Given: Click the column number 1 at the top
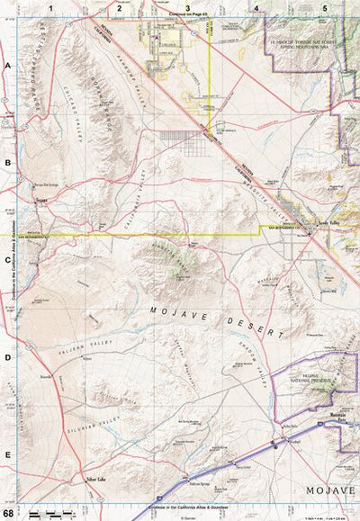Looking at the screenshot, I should [52, 7].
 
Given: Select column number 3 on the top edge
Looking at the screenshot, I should [187, 7].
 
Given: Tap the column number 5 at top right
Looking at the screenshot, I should [324, 7].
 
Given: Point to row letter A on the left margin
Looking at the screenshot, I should [7, 67].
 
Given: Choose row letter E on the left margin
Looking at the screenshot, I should [7, 455].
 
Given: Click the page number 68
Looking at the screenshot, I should [8, 513].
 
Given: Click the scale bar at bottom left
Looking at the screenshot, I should [49, 513].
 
